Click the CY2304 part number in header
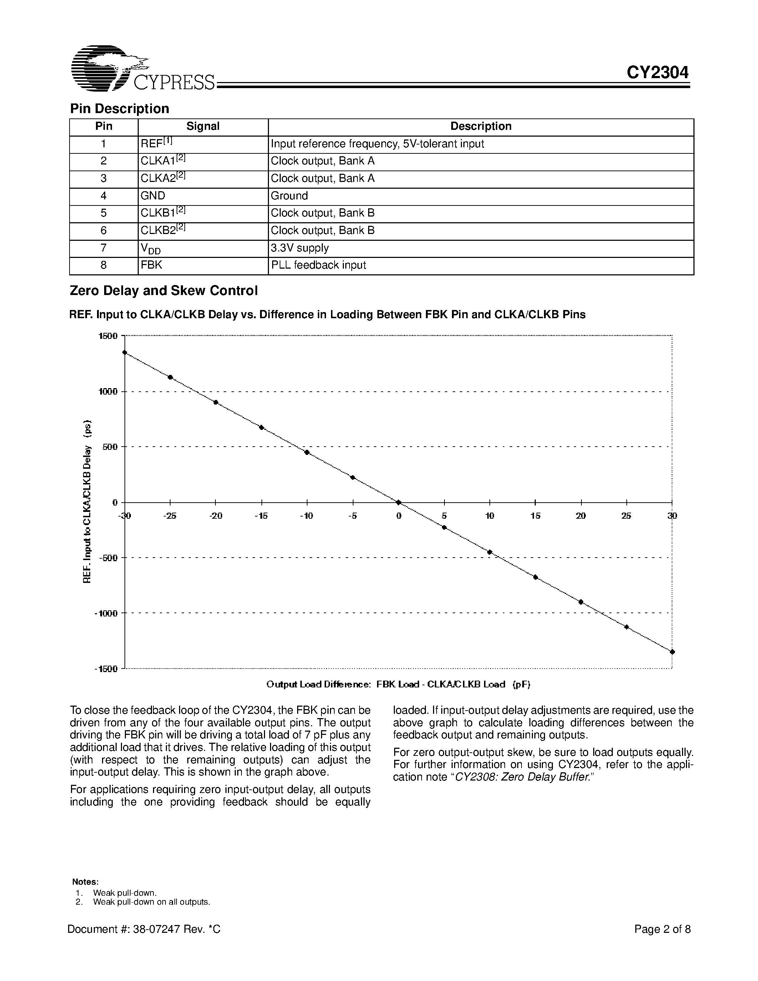(657, 72)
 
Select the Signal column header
(203, 127)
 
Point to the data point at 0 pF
(398, 502)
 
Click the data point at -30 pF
(125, 352)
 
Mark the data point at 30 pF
(672, 652)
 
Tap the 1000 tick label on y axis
(108, 392)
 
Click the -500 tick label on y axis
(107, 558)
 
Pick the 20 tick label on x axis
(581, 516)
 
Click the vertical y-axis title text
(87, 502)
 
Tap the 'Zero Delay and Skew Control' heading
(163, 291)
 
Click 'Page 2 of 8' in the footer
(662, 929)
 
